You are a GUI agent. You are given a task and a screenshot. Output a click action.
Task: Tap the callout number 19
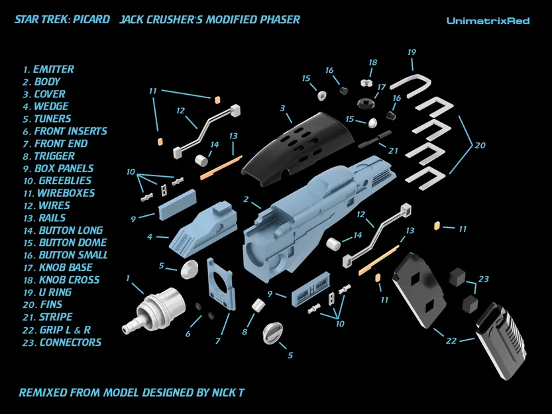tap(412, 52)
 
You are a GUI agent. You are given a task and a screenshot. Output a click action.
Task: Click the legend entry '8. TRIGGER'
tap(49, 156)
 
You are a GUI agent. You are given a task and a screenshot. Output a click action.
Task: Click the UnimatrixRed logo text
tap(488, 21)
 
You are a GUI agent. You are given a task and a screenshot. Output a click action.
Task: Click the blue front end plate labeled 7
tap(221, 285)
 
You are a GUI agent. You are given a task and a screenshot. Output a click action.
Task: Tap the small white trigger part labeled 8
tap(258, 307)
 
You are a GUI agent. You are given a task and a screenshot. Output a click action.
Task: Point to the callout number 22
tap(451, 341)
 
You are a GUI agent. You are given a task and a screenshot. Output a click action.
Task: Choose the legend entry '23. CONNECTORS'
tap(61, 342)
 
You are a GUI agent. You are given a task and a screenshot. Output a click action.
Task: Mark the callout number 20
tap(481, 145)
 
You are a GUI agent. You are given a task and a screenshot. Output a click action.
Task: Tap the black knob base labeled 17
tap(364, 104)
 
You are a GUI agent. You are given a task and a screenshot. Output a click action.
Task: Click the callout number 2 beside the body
tap(246, 199)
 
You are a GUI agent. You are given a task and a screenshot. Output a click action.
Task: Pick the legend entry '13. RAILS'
tap(44, 218)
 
